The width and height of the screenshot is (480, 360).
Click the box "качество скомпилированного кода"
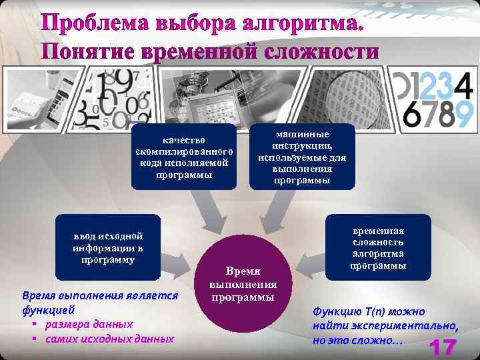[184, 157]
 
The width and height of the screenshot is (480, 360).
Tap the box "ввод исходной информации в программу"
[109, 247]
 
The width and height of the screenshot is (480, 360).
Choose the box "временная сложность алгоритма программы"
[378, 247]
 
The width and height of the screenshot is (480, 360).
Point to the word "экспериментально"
[407, 326]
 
